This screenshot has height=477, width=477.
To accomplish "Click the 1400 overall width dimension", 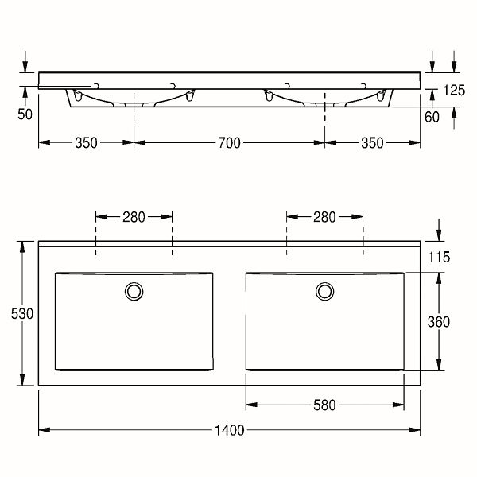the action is pos(230,430).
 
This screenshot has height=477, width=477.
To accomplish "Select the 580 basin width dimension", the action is pos(324,405).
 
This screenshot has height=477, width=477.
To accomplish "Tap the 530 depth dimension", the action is pos(22,314).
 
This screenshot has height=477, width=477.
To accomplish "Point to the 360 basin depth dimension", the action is pos(438,322).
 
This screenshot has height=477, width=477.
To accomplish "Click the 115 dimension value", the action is pos(439,257).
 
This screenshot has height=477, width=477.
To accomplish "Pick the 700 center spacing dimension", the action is pos(230,142).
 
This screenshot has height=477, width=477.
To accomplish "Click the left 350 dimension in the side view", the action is pos(86,142).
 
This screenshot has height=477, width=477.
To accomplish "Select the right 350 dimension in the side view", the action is pos(372,142).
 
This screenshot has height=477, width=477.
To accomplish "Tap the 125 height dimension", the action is pos(454,91).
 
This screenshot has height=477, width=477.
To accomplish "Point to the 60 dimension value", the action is pos(432,117).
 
